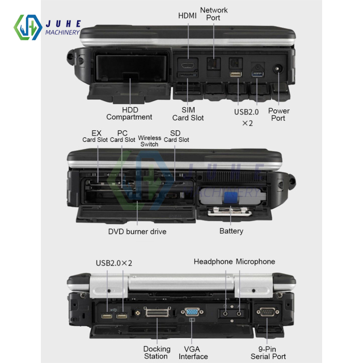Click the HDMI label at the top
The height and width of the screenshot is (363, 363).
tap(188, 15)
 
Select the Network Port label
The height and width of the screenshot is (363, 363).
tap(214, 14)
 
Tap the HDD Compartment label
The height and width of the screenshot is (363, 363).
tap(129, 113)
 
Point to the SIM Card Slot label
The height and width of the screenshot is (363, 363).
tap(188, 113)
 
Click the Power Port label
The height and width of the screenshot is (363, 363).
tap(278, 115)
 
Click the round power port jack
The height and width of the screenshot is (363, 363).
tap(278, 70)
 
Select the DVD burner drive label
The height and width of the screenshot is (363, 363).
tap(137, 231)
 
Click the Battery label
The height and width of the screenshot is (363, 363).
tap(231, 231)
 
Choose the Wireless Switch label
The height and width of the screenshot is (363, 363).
tap(150, 141)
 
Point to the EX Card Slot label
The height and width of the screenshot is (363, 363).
tap(95, 136)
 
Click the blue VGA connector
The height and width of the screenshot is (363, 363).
tap(192, 312)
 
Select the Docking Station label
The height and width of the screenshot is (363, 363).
tap(157, 352)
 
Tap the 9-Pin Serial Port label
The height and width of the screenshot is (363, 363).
tap(268, 352)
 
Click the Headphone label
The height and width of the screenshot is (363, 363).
tap(213, 261)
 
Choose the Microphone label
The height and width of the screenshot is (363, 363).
tap(255, 261)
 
